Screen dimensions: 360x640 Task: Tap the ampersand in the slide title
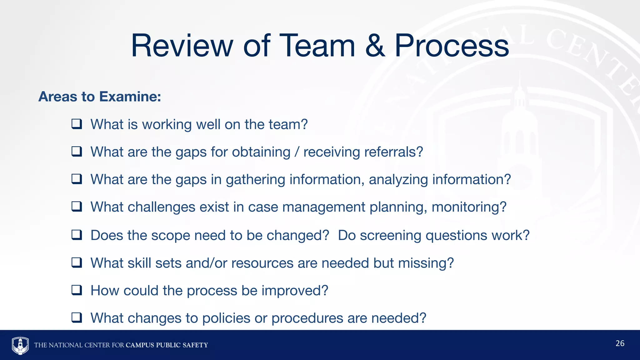coord(375,46)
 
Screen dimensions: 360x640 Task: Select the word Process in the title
coord(452,46)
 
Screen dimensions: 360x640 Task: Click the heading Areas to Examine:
coord(100,97)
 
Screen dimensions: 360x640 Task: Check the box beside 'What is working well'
coord(77,124)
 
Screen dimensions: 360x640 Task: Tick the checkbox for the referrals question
coord(77,152)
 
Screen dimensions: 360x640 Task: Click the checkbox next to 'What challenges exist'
coord(77,207)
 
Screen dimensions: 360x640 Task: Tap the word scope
coord(171,235)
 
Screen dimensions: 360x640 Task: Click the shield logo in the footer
coord(20,345)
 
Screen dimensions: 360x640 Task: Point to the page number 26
coord(620,343)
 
